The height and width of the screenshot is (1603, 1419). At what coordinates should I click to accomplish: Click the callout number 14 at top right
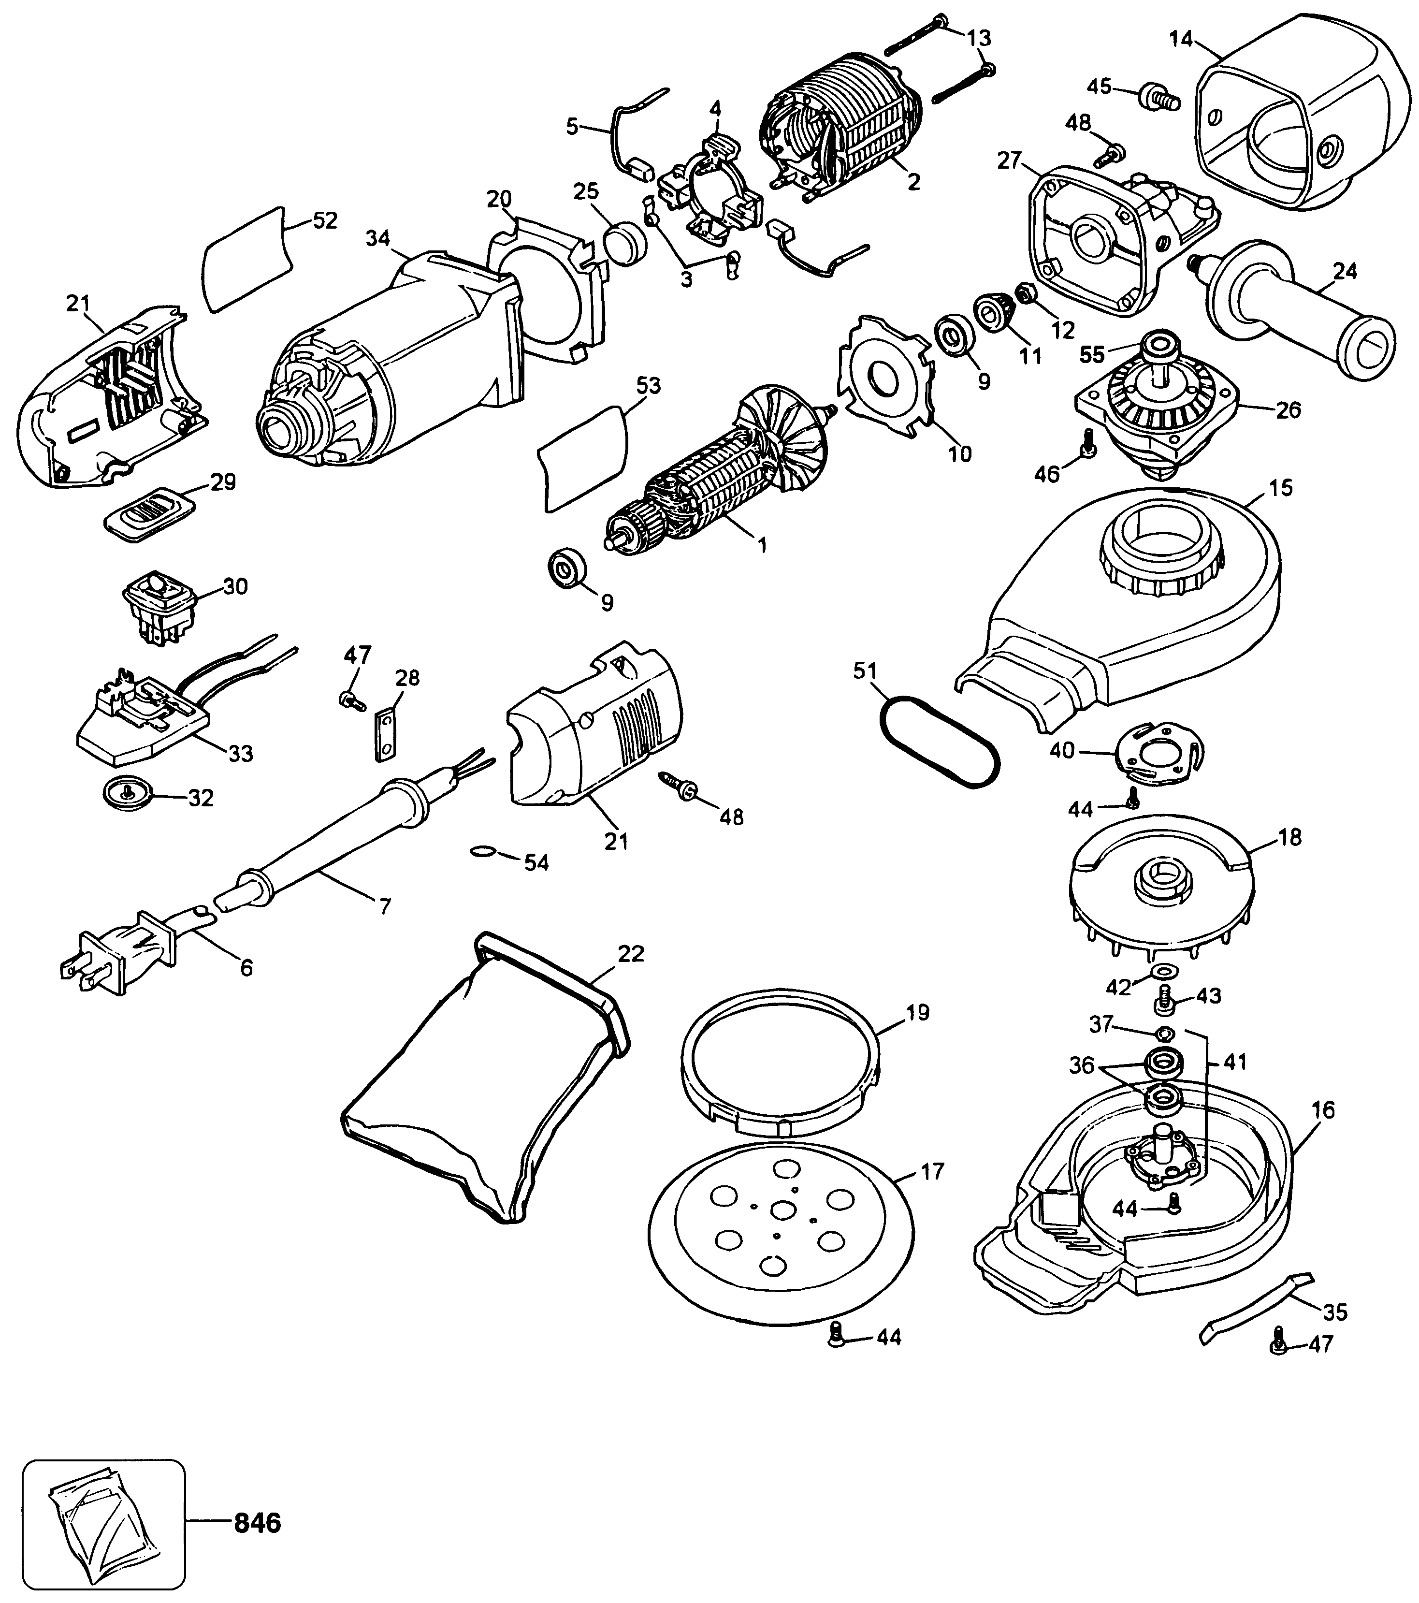pos(1182,38)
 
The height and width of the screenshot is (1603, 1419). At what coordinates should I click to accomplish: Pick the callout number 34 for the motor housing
pos(378,238)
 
